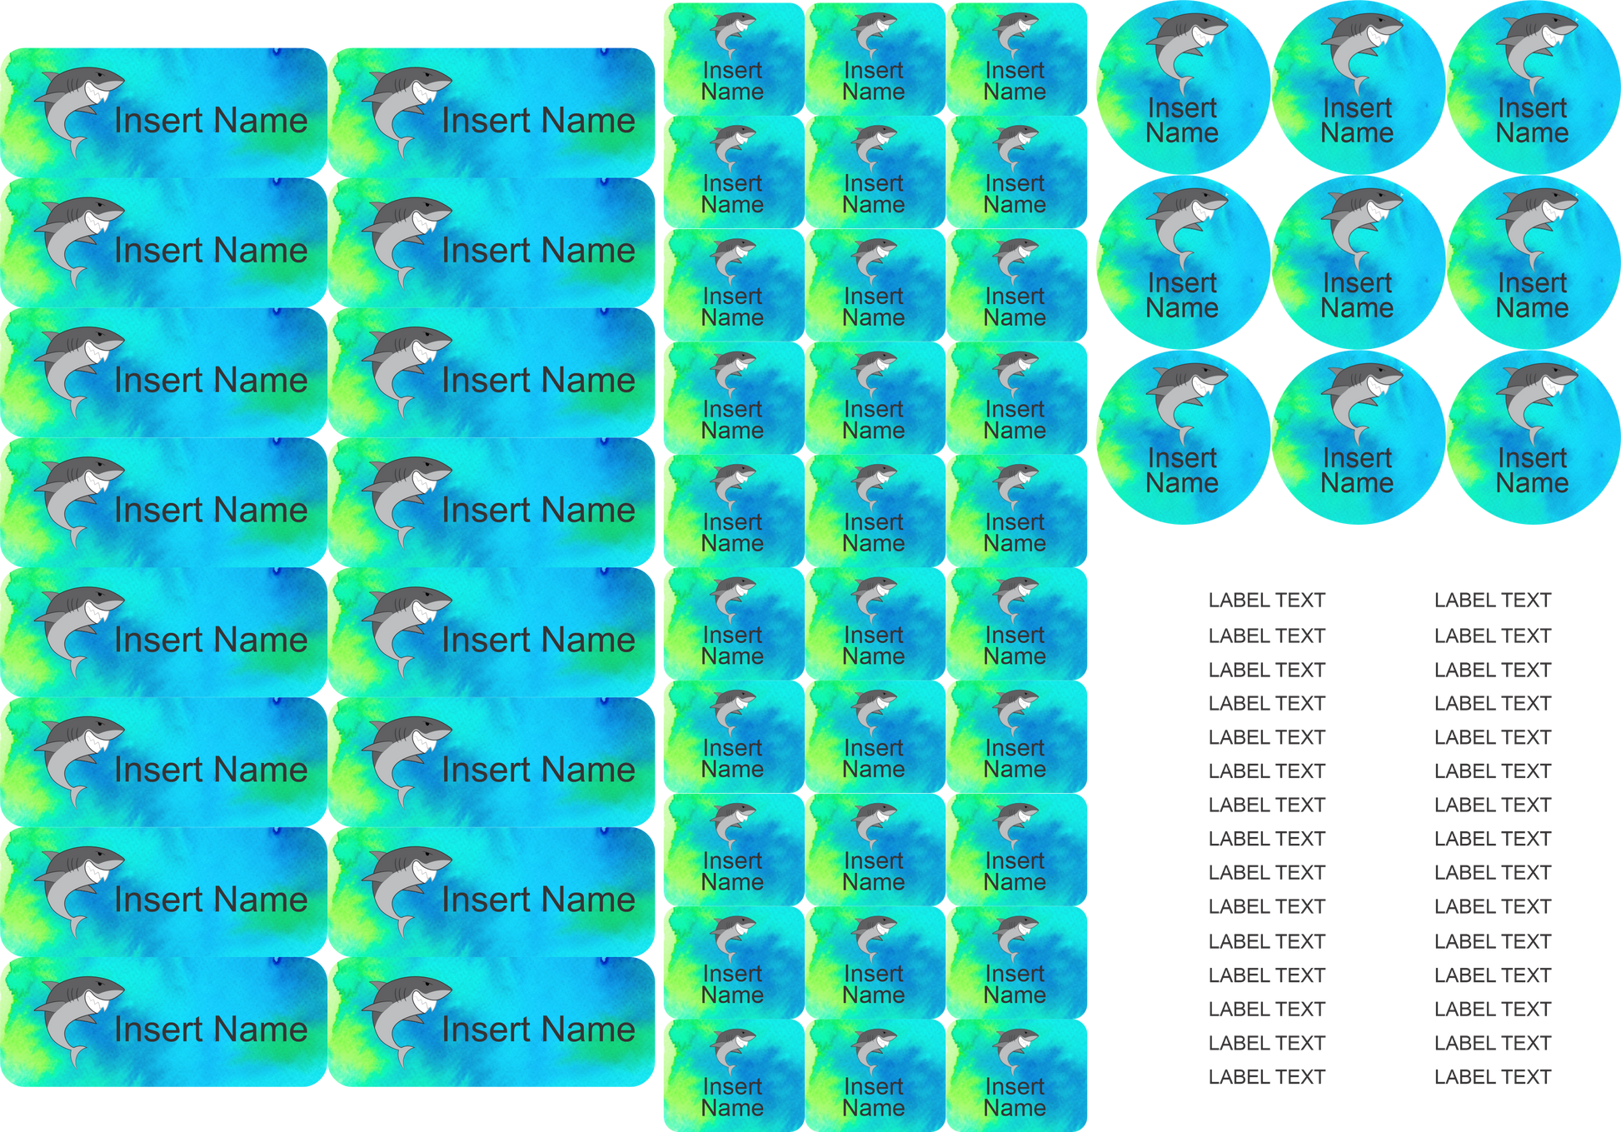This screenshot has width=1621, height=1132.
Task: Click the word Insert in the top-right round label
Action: (x=1532, y=107)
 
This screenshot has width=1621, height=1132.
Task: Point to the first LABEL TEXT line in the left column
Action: (x=1266, y=600)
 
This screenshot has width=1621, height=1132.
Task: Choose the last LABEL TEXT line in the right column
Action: (x=1492, y=1077)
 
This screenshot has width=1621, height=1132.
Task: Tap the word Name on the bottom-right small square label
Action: (x=1015, y=1108)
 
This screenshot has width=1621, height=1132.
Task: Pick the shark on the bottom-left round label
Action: (x=1184, y=398)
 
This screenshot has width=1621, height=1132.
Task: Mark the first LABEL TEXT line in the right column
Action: (x=1492, y=600)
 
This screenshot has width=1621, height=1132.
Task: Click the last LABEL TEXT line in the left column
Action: (x=1266, y=1077)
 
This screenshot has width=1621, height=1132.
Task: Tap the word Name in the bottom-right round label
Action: (x=1532, y=483)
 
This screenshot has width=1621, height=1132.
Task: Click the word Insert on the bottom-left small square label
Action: (x=732, y=1086)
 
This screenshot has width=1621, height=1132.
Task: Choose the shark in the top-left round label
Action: (x=1184, y=48)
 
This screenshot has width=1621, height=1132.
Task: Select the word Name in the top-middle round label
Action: (x=1357, y=133)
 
